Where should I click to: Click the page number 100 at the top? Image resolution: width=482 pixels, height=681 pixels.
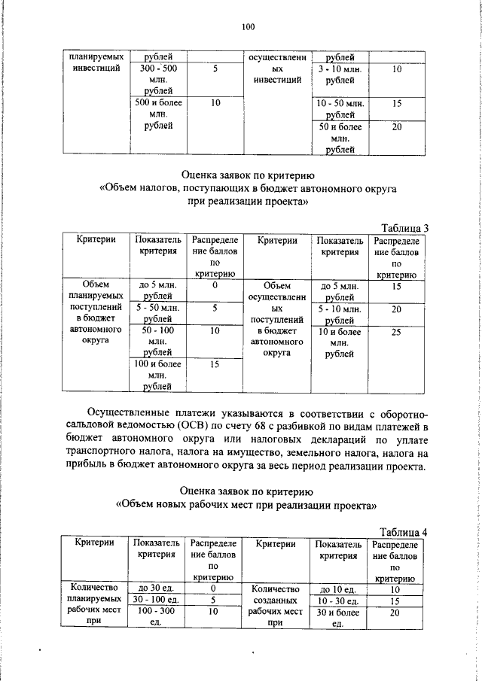pyautogui.click(x=249, y=27)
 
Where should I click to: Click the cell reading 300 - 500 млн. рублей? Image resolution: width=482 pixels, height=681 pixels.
pyautogui.click(x=157, y=79)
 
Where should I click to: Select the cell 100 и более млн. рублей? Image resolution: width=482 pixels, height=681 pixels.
pyautogui.click(x=157, y=375)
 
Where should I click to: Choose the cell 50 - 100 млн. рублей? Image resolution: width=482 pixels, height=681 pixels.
pyautogui.click(x=157, y=341)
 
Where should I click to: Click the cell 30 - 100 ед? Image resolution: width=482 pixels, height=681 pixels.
pyautogui.click(x=155, y=600)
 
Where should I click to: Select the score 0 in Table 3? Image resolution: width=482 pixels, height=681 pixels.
pyautogui.click(x=215, y=286)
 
